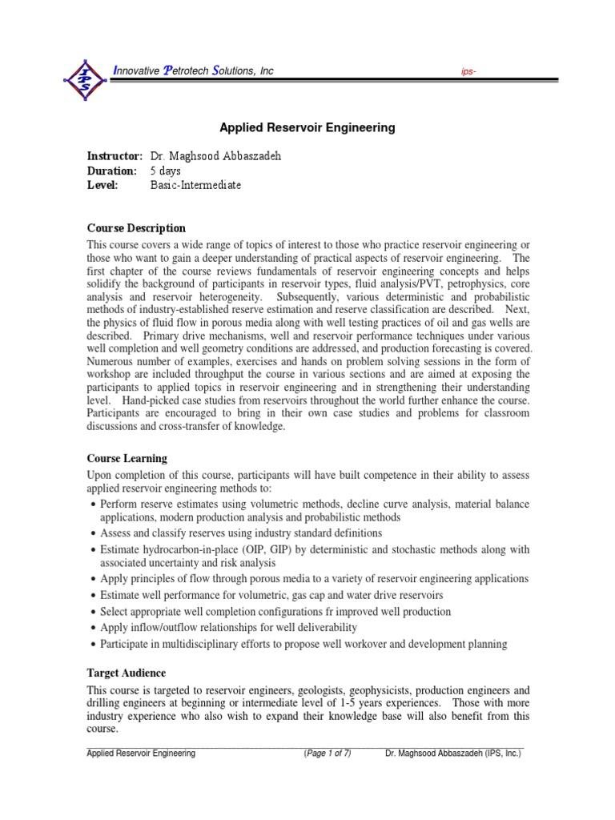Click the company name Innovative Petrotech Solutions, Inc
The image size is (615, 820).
click(x=193, y=71)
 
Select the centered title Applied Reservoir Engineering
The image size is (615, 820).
click(x=307, y=127)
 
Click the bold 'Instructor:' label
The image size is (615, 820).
click(x=115, y=156)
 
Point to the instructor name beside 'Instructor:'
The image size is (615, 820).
click(x=215, y=156)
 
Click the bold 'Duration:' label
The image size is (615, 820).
click(x=111, y=171)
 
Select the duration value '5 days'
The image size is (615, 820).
click(x=166, y=171)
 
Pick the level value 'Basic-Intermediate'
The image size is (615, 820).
click(x=195, y=185)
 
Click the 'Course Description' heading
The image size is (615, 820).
click(x=136, y=228)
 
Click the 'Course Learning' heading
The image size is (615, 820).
click(x=127, y=459)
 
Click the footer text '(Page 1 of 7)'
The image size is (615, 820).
click(x=328, y=754)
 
